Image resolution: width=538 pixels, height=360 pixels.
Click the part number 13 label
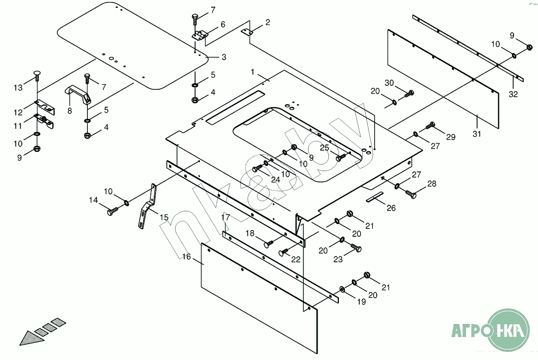tap(18, 88)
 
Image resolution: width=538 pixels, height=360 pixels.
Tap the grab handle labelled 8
tap(78, 95)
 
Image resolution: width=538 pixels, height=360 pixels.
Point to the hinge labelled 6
tap(200, 35)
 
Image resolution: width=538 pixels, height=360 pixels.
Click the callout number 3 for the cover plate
tap(224, 57)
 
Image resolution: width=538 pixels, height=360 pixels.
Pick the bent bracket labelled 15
tap(147, 206)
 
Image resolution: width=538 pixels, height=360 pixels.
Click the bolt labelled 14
tap(112, 211)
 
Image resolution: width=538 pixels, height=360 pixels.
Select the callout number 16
tap(187, 257)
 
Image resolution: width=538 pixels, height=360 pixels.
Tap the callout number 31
tap(477, 134)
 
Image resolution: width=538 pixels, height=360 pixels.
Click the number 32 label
tap(513, 94)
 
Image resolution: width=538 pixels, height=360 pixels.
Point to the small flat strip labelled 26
tap(375, 197)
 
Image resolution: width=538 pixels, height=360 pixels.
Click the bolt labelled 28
tap(411, 194)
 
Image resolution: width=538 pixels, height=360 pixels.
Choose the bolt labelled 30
tap(409, 94)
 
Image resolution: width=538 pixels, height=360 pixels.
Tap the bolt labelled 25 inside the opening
tap(341, 157)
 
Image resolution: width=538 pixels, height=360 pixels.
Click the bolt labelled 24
tap(257, 168)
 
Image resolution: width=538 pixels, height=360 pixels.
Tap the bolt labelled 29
tap(430, 126)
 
